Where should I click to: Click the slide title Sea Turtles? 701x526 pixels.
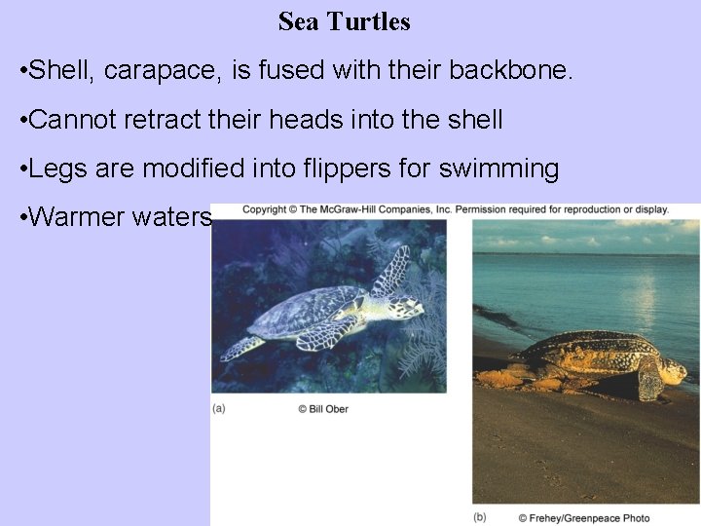point(344,21)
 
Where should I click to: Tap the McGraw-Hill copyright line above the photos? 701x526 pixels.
point(455,209)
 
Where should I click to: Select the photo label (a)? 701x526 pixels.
point(219,409)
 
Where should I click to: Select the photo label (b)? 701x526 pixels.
point(480,517)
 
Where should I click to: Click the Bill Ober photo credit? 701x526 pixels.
point(323,409)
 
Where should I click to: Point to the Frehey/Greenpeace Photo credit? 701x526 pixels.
point(584,517)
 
